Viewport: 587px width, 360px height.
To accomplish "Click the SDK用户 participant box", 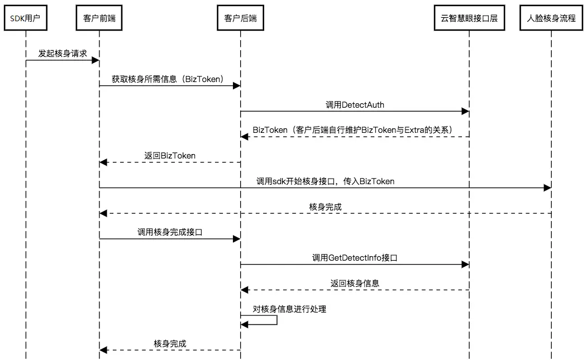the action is click(26, 18).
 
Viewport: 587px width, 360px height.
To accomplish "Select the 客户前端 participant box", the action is click(99, 18).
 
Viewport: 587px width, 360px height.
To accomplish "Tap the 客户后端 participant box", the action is click(240, 18).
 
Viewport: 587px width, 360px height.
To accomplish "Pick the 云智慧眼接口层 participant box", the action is click(469, 18).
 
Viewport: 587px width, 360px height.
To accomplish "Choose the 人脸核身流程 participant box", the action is click(551, 18).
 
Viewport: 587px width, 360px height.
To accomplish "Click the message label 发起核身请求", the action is click(63, 54).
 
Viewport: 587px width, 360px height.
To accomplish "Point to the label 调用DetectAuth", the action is click(355, 105).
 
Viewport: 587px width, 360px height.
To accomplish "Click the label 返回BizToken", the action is click(170, 156).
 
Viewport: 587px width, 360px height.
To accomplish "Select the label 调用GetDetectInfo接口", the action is click(355, 258).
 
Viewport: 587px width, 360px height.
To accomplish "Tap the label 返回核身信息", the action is click(355, 284).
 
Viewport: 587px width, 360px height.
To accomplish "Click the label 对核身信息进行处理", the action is click(289, 309).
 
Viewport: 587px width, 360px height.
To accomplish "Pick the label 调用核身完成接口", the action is click(170, 232).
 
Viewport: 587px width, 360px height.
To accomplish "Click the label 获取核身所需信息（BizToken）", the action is click(168, 79).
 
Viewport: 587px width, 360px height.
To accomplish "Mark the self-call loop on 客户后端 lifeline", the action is click(276, 320).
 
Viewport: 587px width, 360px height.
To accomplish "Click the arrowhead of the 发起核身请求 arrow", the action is click(96, 60).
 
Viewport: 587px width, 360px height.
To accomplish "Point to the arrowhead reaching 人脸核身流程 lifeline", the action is click(547, 188).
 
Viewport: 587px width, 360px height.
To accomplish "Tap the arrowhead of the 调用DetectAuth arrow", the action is click(465, 111).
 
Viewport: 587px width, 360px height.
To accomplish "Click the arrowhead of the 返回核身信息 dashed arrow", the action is click(245, 290).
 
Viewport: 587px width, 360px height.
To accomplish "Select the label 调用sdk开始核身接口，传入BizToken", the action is click(325, 181).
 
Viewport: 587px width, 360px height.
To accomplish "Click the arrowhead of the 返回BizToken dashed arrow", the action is click(103, 162).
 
